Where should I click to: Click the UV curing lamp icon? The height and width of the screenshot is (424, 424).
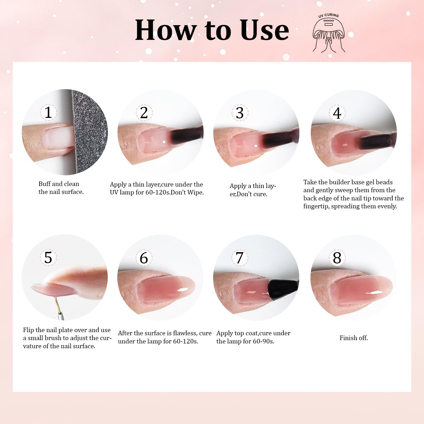tap(329, 33)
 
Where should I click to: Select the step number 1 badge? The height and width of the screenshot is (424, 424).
tap(48, 112)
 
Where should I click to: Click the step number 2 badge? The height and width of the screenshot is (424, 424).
tap(144, 113)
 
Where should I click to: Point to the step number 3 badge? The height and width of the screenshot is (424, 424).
tap(240, 113)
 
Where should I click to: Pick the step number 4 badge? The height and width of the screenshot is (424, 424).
tap(337, 113)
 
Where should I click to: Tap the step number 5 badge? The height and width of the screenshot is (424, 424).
tap(48, 258)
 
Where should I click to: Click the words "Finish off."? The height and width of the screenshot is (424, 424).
tap(354, 338)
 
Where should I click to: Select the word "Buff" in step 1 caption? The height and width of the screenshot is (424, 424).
tap(45, 184)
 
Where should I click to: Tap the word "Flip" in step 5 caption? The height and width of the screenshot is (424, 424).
tap(29, 330)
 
